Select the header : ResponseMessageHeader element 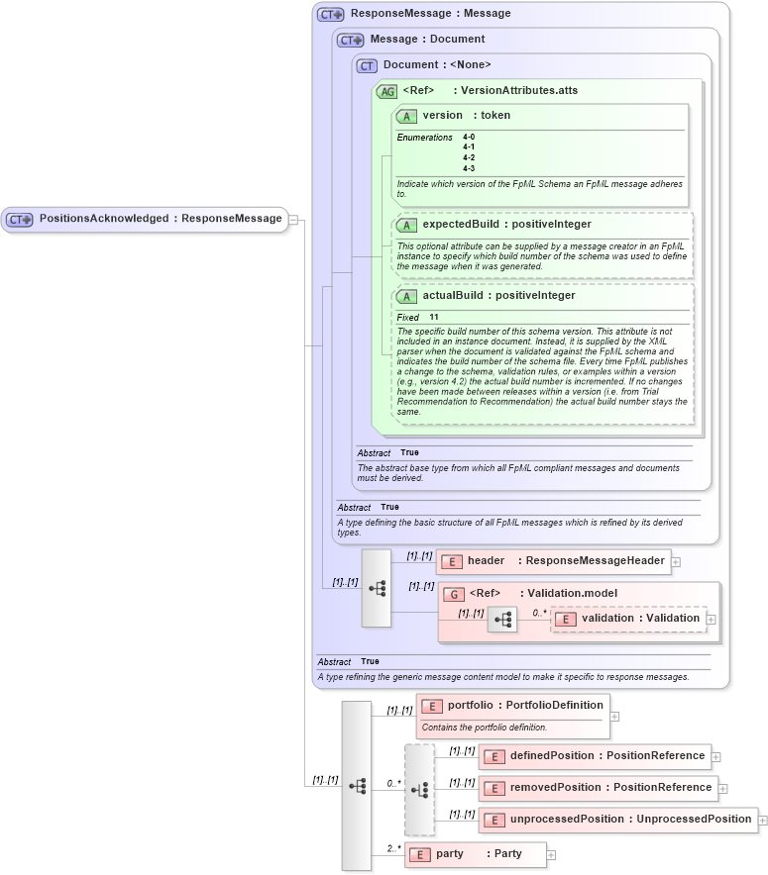[554, 561]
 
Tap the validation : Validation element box [628, 619]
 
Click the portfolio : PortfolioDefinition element [512, 706]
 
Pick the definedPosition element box [595, 756]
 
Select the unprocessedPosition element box [618, 820]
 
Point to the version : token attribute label [466, 116]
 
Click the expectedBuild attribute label [506, 225]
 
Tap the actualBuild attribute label [498, 296]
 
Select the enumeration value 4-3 [469, 168]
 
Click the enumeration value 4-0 [469, 137]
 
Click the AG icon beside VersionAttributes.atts [386, 91]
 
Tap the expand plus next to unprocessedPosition [763, 820]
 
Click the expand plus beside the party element [552, 854]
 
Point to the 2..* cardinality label [393, 848]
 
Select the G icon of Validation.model [454, 594]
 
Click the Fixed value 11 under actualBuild [434, 317]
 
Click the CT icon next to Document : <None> [367, 65]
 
